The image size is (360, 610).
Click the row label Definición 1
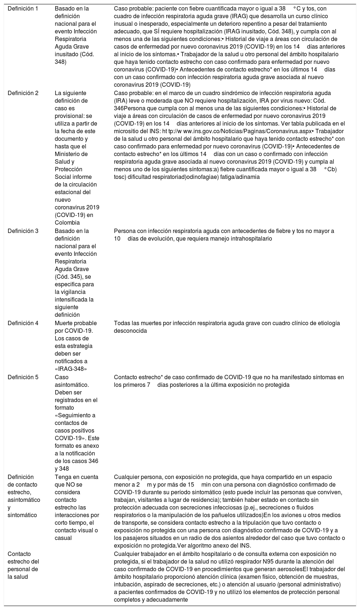point(23,8)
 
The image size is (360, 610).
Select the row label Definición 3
point(23,231)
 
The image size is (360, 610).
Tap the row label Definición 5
point(23,377)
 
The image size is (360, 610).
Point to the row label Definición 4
point(23,323)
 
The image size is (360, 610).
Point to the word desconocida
point(130,331)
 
